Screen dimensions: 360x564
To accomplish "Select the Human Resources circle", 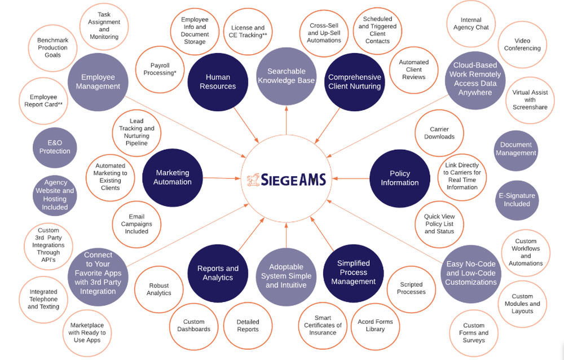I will point(217,81).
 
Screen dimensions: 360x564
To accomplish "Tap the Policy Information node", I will point(399,178).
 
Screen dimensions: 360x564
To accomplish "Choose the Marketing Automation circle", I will point(173,177).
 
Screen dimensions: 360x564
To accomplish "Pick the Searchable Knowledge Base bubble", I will point(286,76).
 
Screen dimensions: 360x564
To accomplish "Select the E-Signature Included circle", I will point(517,200).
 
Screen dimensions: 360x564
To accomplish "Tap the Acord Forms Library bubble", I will point(375,326).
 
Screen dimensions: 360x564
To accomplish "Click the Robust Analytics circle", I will point(158,289).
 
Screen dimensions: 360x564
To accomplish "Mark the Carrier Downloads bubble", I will point(439,133).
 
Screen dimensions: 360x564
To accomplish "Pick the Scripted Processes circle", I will point(411,288).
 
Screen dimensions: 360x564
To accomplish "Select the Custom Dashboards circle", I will point(193,326).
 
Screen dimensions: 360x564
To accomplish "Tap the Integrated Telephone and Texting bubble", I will point(43,299).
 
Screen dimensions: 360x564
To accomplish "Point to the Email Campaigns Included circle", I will point(136,224).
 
